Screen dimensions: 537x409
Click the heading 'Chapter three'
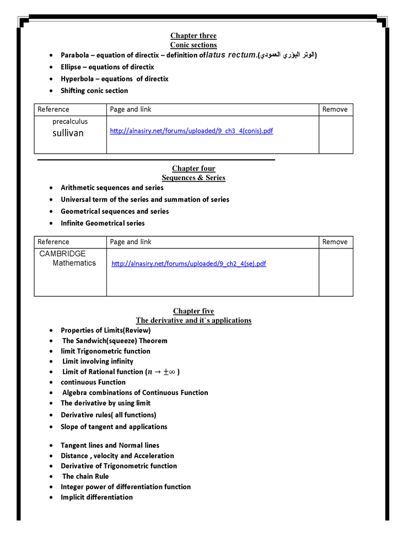coord(193,36)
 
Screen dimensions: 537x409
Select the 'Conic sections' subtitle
coord(193,45)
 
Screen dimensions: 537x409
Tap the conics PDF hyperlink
coord(191,131)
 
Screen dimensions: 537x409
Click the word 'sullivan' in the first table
coord(68,133)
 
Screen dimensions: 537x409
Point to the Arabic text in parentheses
coord(287,55)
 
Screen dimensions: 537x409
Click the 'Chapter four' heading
coord(193,169)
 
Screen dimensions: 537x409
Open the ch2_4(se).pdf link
coord(189,264)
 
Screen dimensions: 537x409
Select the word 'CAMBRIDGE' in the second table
coord(62,254)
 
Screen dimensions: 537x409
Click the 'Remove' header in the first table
coord(335,110)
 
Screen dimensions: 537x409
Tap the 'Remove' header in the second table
coord(335,242)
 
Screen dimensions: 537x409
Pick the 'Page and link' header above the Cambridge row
coord(131,242)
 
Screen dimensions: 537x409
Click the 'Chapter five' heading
coord(193,311)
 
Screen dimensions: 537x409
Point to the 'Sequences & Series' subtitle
coord(193,178)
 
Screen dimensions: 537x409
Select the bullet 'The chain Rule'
coord(85,476)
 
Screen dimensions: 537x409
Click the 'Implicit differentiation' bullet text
coord(96,497)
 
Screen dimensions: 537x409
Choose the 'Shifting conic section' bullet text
coord(94,91)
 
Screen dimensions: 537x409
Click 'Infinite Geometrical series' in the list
coord(103,224)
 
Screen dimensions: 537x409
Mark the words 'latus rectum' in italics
coord(231,55)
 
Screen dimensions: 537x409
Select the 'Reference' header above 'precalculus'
coord(53,110)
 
